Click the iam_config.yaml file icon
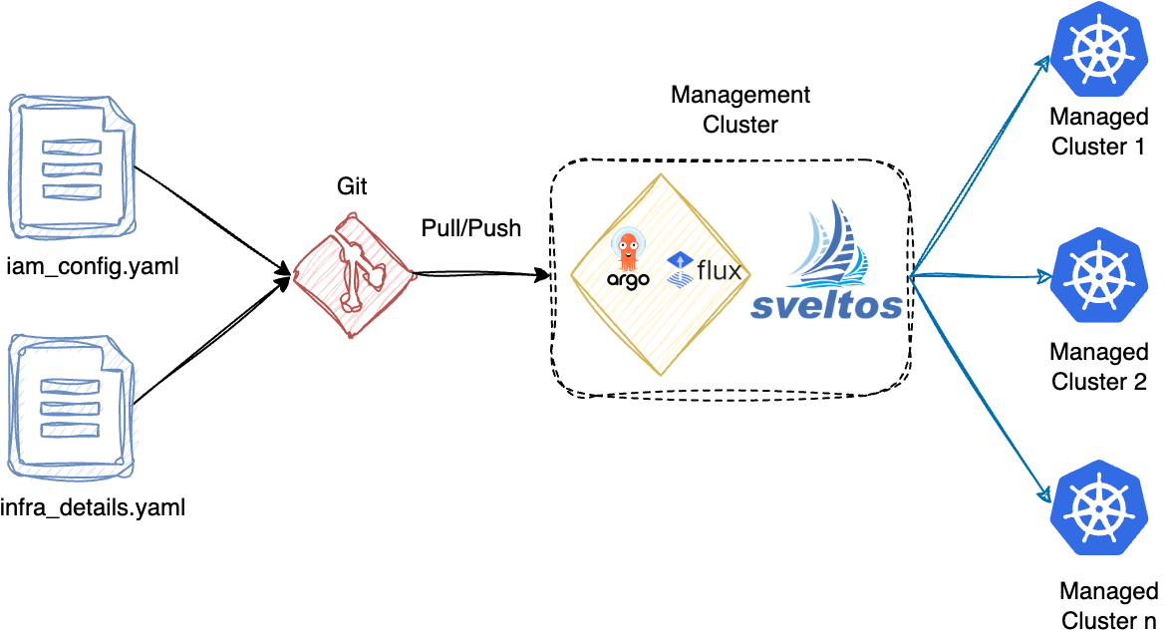71,163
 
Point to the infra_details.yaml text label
96,508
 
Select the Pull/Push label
470,228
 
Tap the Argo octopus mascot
629,248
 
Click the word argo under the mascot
629,279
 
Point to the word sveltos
827,304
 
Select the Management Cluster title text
740,110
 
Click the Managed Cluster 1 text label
1099,132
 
